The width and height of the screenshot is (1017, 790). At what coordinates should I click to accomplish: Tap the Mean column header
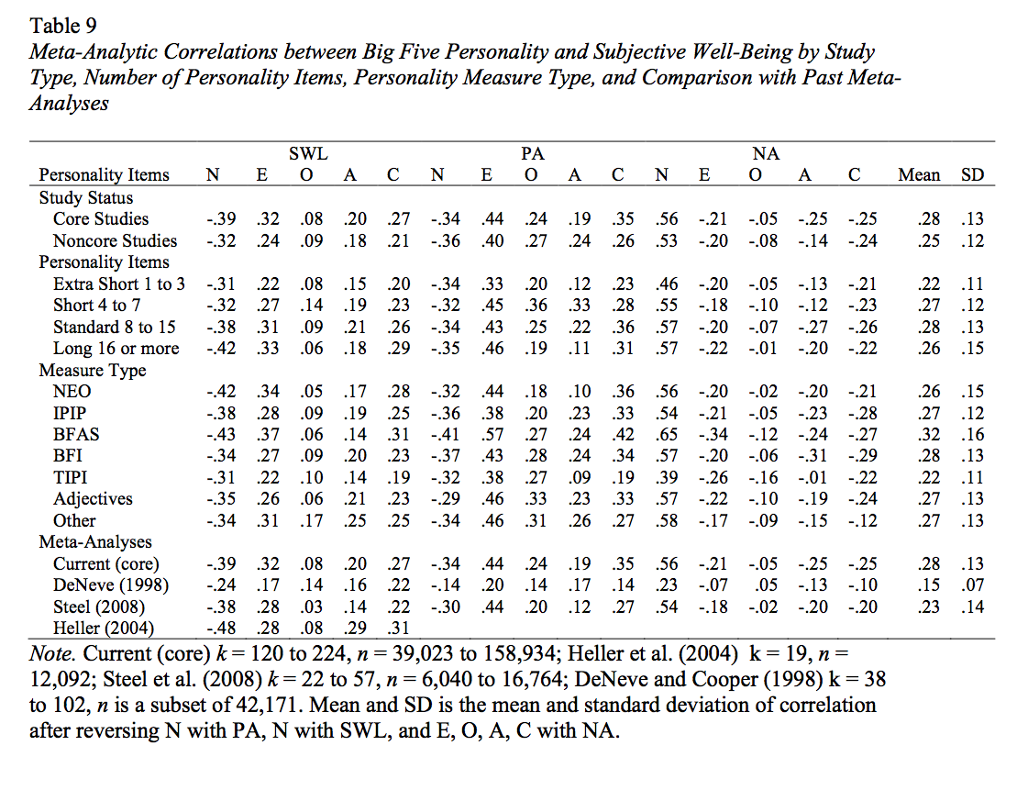point(918,174)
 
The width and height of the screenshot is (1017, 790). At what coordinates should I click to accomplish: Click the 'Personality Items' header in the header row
point(104,174)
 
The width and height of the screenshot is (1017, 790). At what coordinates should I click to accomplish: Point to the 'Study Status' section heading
point(85,197)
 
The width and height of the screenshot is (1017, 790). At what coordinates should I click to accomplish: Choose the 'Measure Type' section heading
point(92,370)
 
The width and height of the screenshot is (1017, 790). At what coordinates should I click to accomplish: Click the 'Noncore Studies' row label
point(115,240)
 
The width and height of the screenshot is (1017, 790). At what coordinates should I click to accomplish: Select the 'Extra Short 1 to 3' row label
point(119,284)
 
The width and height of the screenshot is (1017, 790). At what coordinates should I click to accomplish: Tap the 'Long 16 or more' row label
point(116,348)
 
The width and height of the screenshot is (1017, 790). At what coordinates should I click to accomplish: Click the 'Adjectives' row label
point(93,498)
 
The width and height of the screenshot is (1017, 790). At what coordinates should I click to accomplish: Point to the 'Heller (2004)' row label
point(104,628)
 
